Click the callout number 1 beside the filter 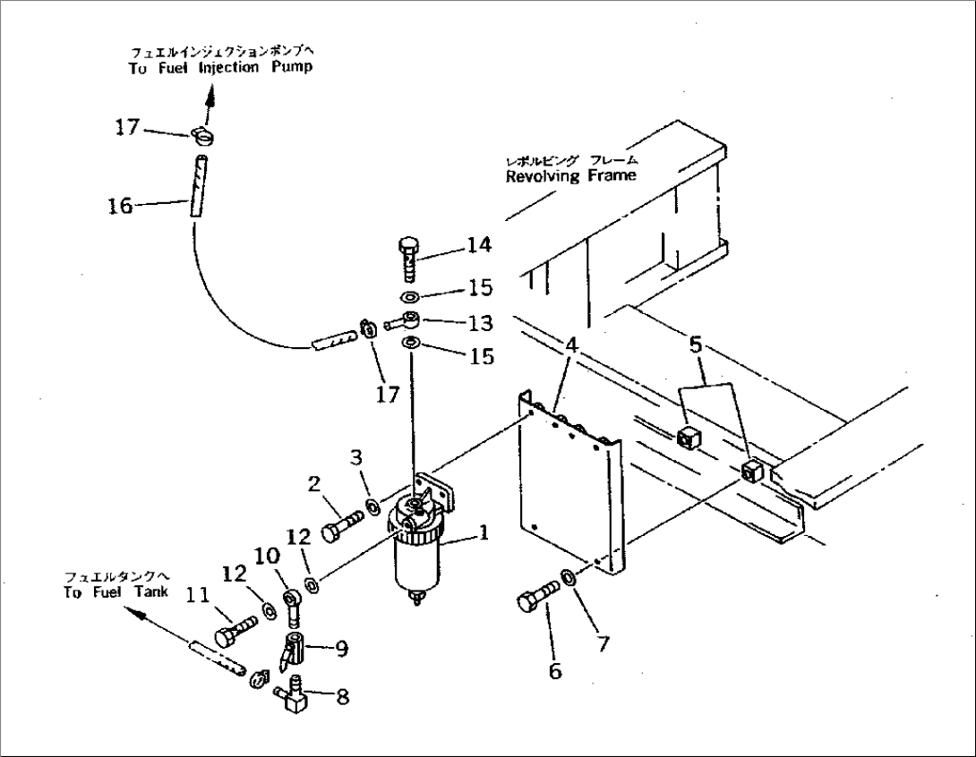pos(483,534)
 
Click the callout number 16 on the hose pos(119,207)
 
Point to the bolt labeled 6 pos(536,597)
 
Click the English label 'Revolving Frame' pos(570,176)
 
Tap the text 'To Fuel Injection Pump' pos(220,68)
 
